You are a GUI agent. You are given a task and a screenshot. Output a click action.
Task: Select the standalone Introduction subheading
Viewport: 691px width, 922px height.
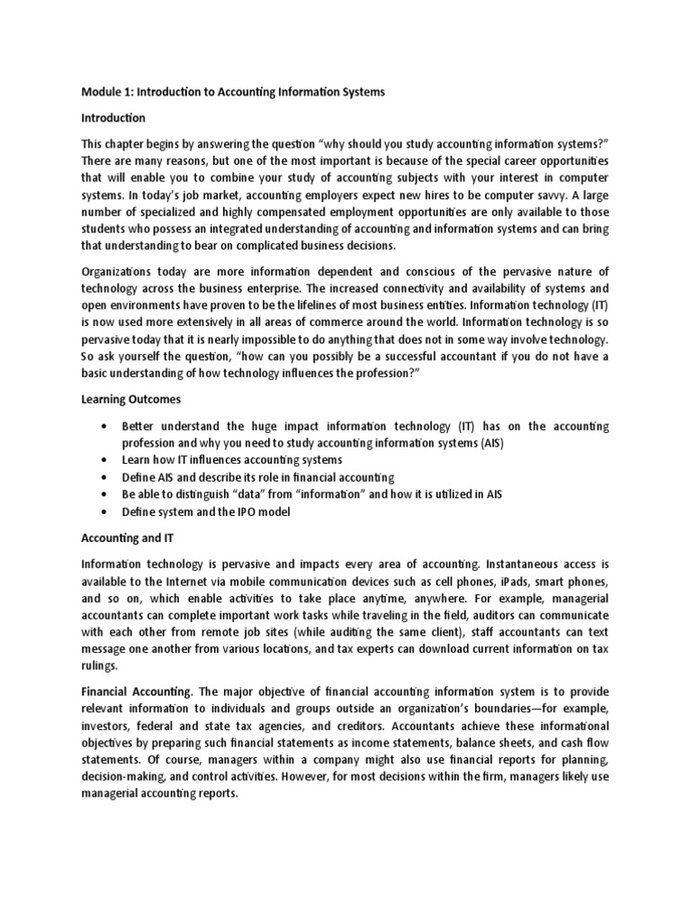click(x=113, y=118)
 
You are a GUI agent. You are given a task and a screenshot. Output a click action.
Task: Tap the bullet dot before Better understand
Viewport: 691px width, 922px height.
click(x=106, y=425)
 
